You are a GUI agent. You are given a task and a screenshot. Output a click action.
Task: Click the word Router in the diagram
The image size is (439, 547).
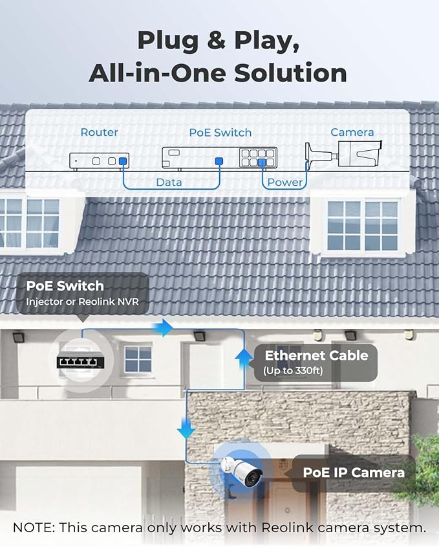point(100,132)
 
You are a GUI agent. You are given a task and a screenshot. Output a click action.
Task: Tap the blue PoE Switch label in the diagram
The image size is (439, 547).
point(220,133)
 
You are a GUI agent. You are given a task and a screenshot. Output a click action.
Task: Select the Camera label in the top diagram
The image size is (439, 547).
point(352,132)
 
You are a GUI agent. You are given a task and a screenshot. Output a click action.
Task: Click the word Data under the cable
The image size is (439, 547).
point(169,182)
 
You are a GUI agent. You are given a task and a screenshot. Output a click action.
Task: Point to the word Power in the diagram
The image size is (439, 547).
point(285,182)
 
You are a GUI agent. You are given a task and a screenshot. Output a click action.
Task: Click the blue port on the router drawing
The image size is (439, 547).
point(122,162)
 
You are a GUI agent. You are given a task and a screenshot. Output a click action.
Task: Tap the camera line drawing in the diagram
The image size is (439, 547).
point(343,154)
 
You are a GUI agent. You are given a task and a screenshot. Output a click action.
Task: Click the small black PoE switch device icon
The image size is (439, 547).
point(80,363)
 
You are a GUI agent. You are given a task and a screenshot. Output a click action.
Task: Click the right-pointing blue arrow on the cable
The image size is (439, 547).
point(163,328)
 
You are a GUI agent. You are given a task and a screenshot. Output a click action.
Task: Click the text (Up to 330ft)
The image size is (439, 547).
point(293,370)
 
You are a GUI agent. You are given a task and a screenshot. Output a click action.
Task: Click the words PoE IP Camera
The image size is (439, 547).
point(354,473)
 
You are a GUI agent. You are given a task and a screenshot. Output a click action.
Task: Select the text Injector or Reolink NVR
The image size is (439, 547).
point(82,302)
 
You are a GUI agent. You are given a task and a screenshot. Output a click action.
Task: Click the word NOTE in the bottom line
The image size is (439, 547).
point(34,528)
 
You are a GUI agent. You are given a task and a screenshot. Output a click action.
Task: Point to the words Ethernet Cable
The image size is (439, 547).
point(316,355)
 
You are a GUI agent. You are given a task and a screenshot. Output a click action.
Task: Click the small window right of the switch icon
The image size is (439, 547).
point(138,359)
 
